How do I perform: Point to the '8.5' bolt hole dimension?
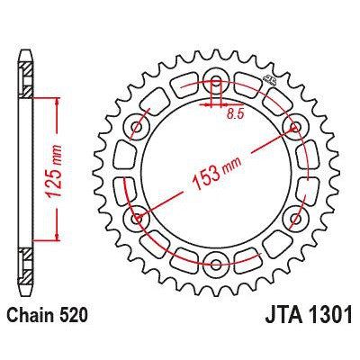tap(235, 114)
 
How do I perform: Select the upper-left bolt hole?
tap(138, 124)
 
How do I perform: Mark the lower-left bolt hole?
tap(138, 218)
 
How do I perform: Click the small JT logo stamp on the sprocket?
tap(267, 83)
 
